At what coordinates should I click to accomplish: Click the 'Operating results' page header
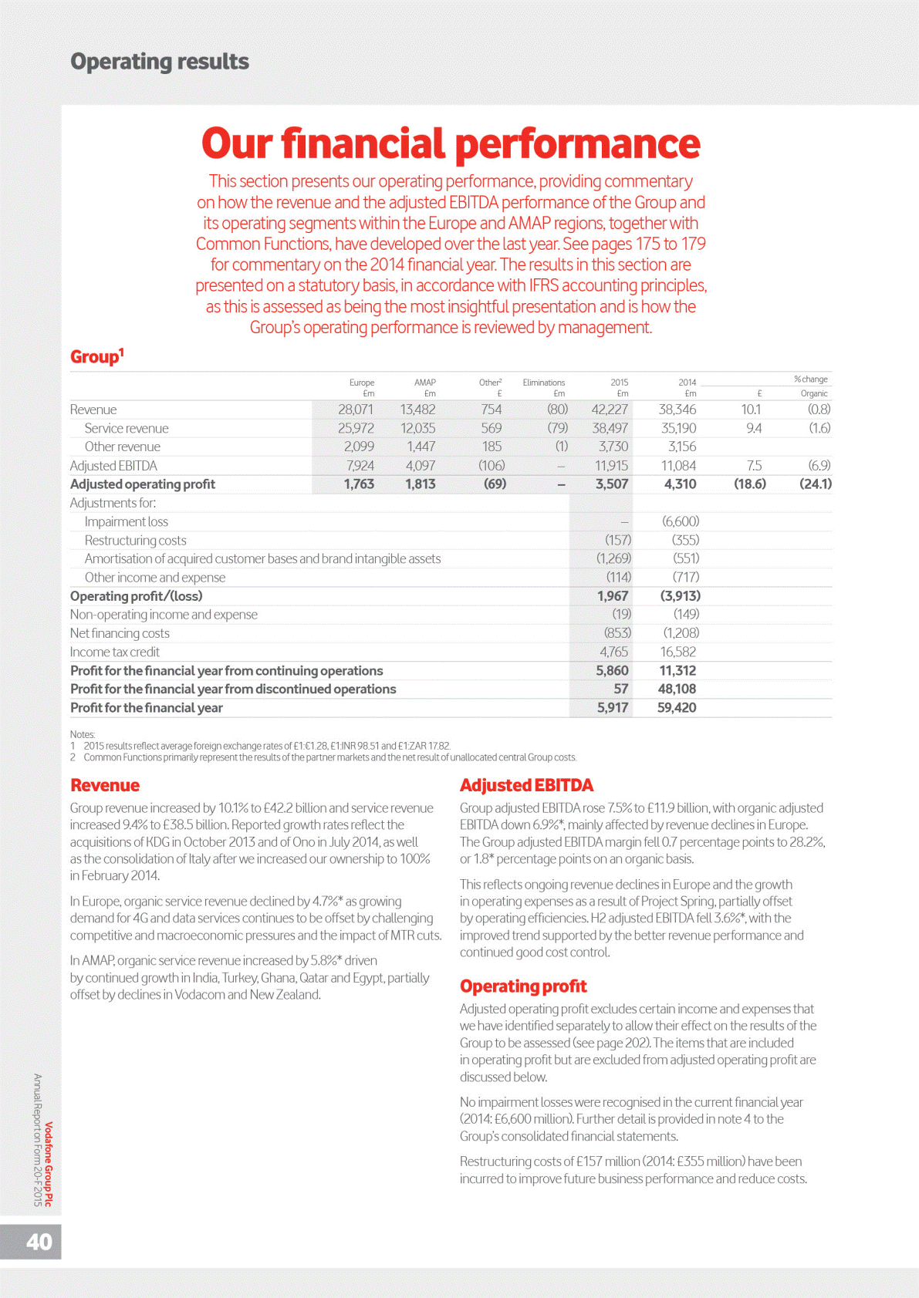(x=160, y=62)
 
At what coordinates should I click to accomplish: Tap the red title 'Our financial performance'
(x=451, y=144)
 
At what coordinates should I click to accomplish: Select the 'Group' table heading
(x=96, y=356)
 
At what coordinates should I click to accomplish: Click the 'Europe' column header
(x=361, y=383)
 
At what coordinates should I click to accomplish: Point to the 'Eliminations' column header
(x=543, y=383)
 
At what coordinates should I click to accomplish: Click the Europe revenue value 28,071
(x=356, y=410)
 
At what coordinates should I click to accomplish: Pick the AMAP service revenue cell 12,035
(x=417, y=428)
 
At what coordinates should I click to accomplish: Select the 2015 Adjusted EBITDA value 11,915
(x=611, y=466)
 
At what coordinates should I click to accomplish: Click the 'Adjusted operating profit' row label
(x=143, y=484)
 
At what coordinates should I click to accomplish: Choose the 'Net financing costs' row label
(x=120, y=633)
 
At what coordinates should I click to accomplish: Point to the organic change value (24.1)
(x=815, y=484)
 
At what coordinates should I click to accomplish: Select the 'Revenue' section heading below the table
(x=105, y=785)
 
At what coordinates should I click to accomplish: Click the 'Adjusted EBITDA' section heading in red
(x=526, y=785)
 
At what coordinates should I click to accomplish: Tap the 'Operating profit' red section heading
(x=523, y=986)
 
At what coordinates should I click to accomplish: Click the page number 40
(x=39, y=1242)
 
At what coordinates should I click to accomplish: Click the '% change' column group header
(x=810, y=379)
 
